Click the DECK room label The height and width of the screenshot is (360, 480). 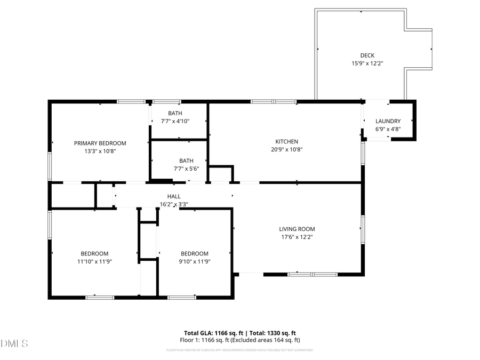tap(367, 55)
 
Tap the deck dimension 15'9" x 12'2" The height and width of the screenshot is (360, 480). tap(367, 63)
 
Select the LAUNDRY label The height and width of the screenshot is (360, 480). tap(388, 122)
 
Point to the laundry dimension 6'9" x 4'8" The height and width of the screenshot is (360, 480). tap(388, 129)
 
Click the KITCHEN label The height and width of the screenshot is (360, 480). tap(286, 141)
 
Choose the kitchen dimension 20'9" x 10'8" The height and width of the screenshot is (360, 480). tap(286, 149)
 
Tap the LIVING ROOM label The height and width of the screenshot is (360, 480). tap(298, 229)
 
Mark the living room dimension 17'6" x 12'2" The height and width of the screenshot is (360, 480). tap(298, 237)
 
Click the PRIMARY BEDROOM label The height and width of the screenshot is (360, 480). tap(100, 143)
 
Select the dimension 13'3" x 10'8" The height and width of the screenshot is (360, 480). tap(100, 151)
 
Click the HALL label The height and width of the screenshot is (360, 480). tap(174, 196)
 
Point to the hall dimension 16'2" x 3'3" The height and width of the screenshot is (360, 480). tap(174, 204)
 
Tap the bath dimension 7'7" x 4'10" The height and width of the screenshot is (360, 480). tap(175, 121)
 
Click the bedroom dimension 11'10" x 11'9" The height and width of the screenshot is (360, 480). tap(94, 261)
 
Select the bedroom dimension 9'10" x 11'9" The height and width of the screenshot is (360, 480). tap(194, 261)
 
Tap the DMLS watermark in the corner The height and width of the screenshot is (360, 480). tap(14, 343)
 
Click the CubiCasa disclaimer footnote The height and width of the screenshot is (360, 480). tap(239, 350)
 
